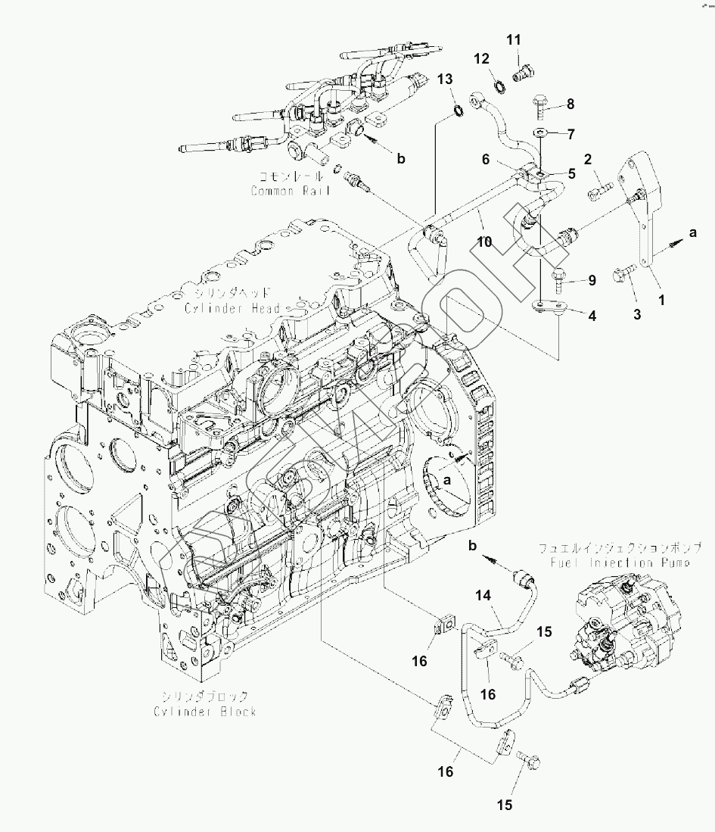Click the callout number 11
514,39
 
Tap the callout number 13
445,79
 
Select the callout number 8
570,104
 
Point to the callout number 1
661,299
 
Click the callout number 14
483,596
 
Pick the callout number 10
483,241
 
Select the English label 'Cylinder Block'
205,711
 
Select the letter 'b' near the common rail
402,158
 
